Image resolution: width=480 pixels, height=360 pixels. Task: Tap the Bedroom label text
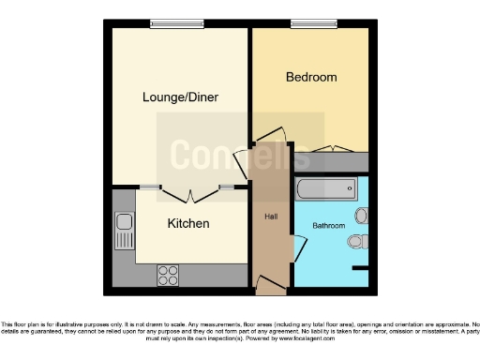click(x=310, y=77)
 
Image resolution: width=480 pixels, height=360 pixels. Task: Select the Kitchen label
click(x=187, y=223)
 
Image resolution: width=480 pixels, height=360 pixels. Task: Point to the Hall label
click(x=270, y=217)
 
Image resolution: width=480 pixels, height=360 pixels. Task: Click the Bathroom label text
click(x=329, y=226)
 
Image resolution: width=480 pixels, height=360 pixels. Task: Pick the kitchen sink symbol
click(x=123, y=231)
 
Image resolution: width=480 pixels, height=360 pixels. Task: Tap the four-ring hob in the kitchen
click(x=168, y=276)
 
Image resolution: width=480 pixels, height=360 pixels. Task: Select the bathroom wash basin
click(x=361, y=216)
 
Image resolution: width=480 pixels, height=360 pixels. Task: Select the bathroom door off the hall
click(x=298, y=248)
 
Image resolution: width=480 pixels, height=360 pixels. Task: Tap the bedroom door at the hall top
click(x=271, y=138)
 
